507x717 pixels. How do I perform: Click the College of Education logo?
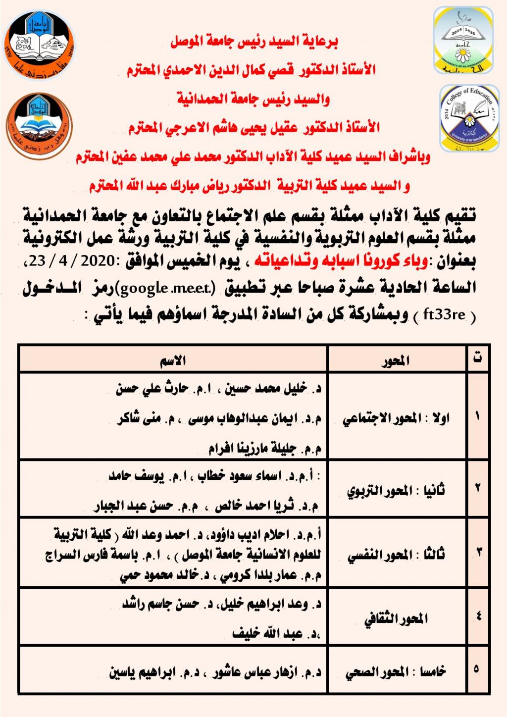(469, 118)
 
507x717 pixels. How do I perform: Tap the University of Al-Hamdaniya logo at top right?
(463, 41)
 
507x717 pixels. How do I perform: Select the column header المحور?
(396, 361)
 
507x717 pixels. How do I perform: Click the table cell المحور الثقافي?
(396, 619)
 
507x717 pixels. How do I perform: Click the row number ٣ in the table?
(478, 551)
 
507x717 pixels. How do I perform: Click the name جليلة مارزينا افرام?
(252, 449)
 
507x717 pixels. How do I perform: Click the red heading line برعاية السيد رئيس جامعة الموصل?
(254, 42)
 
